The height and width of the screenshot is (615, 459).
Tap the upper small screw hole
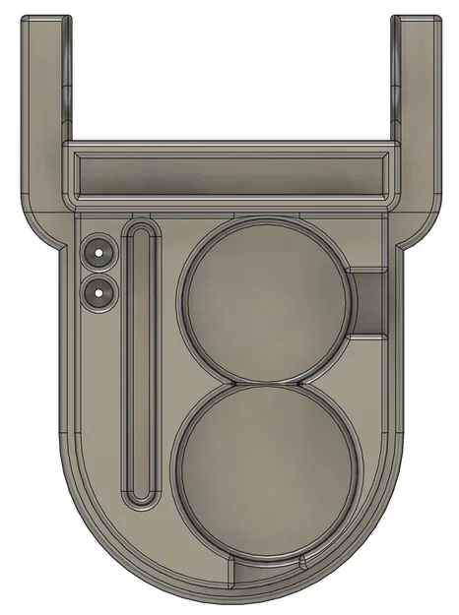[x=98, y=252]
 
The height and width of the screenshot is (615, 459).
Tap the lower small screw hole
[x=98, y=291]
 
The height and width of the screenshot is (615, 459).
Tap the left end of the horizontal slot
[x=79, y=175]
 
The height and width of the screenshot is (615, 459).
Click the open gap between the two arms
[x=230, y=79]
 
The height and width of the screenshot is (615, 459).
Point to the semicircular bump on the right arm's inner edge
[x=394, y=98]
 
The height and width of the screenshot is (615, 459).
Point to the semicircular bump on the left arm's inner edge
[x=66, y=98]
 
